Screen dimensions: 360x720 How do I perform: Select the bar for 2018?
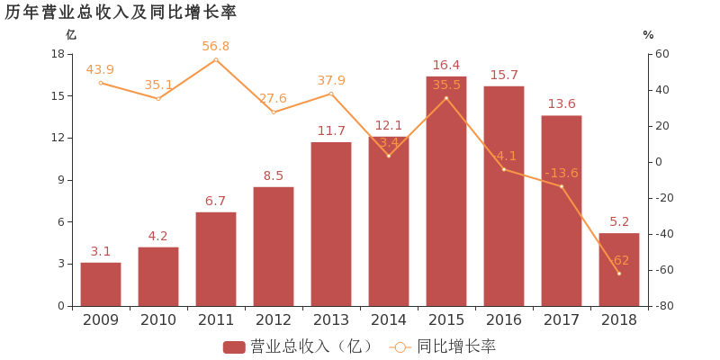(x=619, y=269)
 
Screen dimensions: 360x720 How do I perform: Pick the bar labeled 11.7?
(x=331, y=224)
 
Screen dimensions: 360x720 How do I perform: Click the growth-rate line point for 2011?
(x=216, y=59)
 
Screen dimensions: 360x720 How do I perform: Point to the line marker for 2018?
(x=619, y=273)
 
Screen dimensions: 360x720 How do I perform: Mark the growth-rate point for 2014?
(x=389, y=156)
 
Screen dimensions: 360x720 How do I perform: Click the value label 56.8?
(x=216, y=46)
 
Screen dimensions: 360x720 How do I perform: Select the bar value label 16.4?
(x=446, y=65)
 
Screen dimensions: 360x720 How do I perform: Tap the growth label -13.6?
(x=562, y=173)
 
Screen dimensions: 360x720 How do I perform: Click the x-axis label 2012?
(x=274, y=319)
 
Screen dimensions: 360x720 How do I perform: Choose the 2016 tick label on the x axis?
(x=504, y=319)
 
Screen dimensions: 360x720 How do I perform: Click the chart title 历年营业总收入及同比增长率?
(x=121, y=12)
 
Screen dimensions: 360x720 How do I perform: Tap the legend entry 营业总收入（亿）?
(x=298, y=346)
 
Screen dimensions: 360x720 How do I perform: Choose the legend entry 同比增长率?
(x=445, y=346)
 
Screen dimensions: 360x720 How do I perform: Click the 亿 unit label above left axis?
(x=71, y=34)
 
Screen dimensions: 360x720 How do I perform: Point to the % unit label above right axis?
(x=648, y=34)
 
